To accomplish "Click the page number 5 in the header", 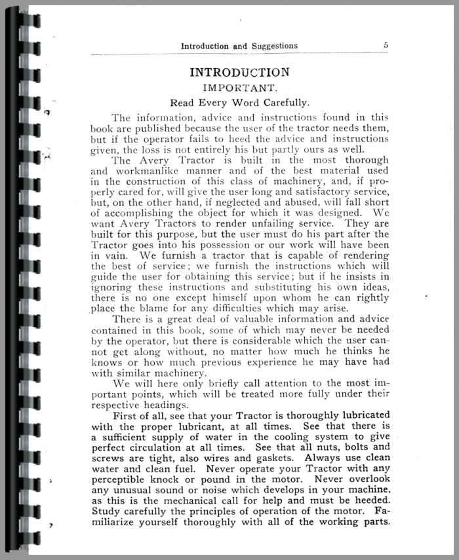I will (386, 46).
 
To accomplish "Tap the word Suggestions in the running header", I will (270, 46).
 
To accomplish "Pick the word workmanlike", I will (146, 170).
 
